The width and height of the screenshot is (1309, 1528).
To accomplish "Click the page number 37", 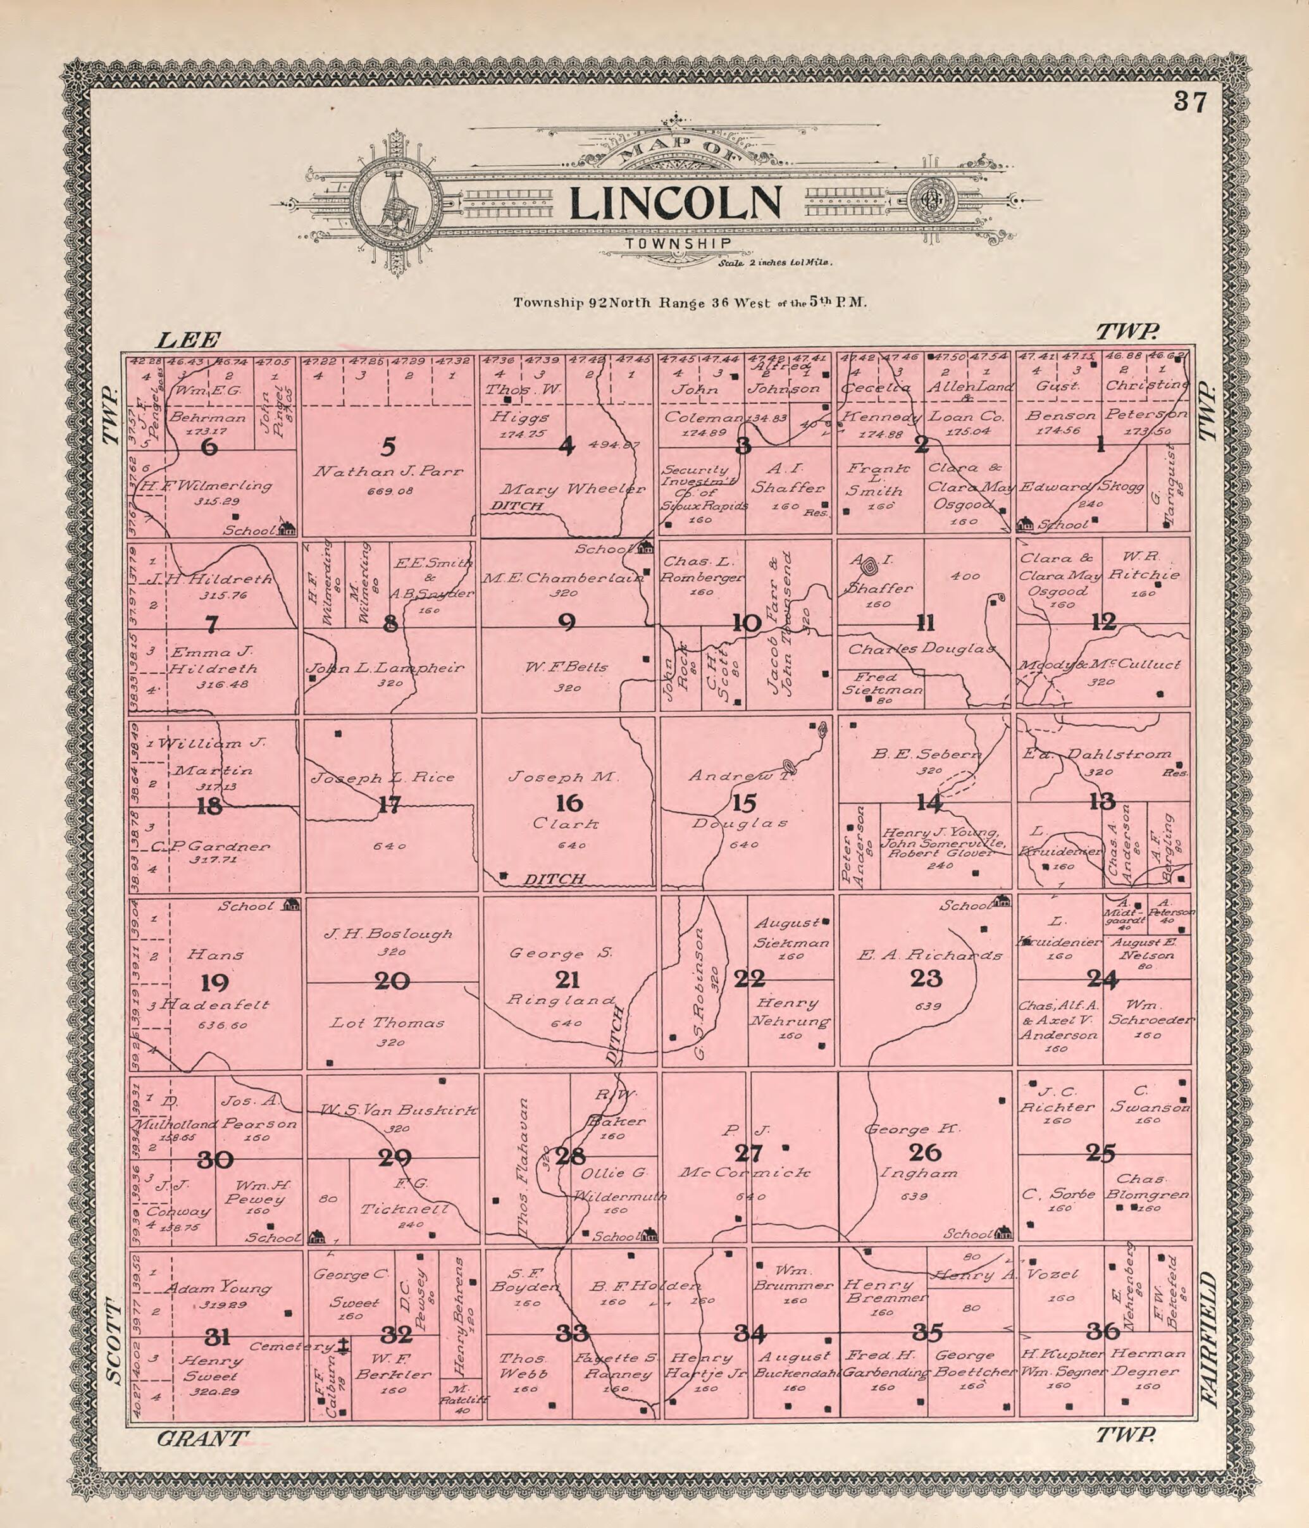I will coord(1190,102).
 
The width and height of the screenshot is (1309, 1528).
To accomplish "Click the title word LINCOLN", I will coord(676,204).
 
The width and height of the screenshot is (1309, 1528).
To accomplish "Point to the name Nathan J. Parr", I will coord(388,471).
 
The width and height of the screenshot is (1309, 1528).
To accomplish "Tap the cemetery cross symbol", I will coord(343,1346).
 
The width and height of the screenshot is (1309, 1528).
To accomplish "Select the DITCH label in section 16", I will coord(553,879).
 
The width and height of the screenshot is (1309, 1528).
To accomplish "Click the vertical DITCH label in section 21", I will coord(615,1034).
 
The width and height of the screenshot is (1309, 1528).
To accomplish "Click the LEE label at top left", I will coord(187,340).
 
